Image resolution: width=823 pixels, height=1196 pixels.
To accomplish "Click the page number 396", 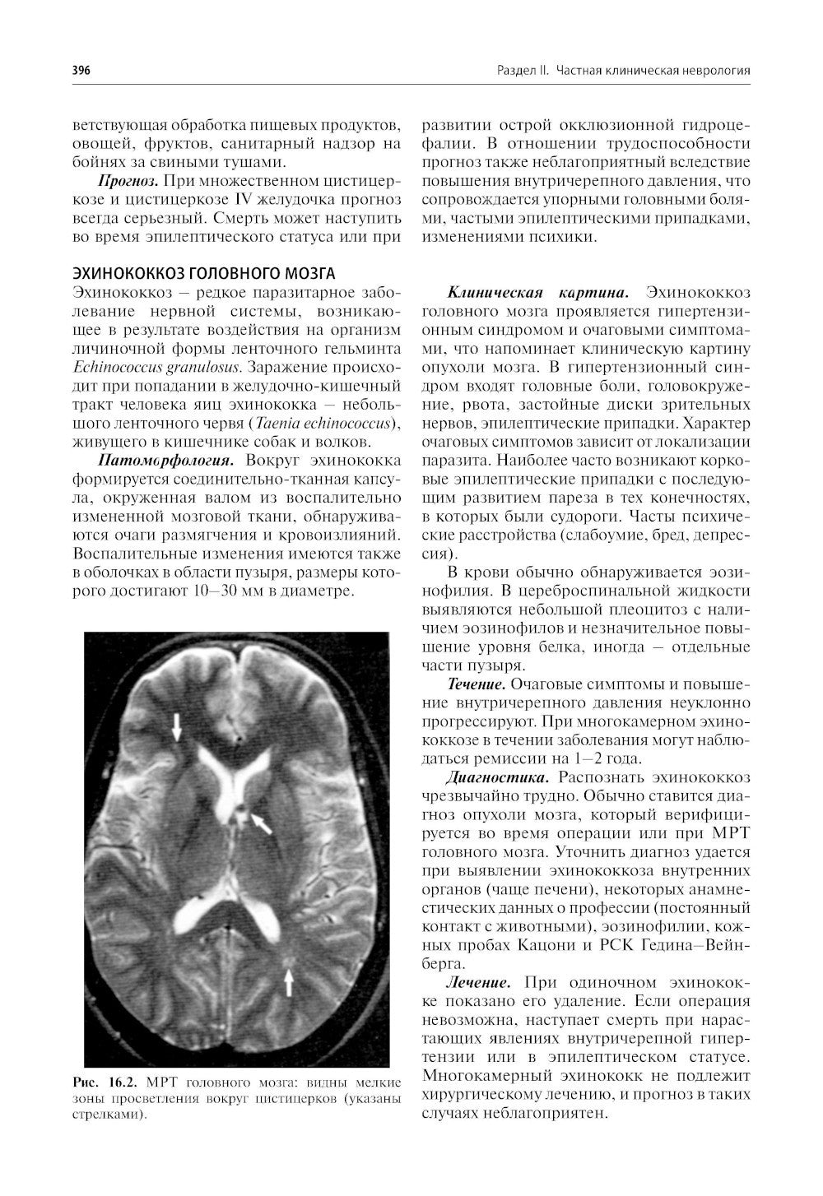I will click(x=81, y=71).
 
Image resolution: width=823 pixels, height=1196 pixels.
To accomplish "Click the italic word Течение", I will click(x=476, y=684).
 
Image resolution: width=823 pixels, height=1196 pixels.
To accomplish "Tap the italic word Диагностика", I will click(x=497, y=777).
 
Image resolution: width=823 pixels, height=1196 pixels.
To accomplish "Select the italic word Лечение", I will click(x=478, y=982).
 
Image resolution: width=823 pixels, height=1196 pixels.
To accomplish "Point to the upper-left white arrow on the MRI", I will click(x=177, y=727).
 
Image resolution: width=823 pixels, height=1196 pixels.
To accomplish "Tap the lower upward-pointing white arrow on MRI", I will click(x=288, y=980).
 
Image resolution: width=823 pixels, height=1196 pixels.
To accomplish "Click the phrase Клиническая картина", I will click(x=537, y=293).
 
